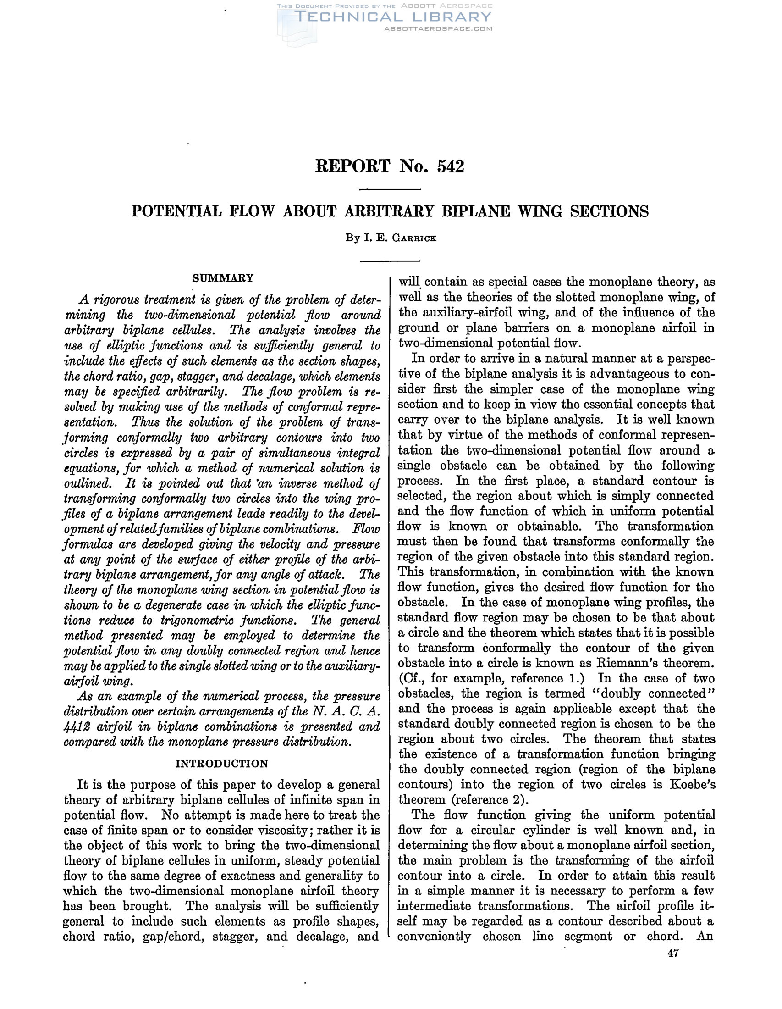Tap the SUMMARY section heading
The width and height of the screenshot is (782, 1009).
pos(222,278)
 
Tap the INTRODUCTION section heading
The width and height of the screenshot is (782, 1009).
pos(222,763)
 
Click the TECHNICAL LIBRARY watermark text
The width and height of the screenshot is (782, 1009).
pos(393,17)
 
